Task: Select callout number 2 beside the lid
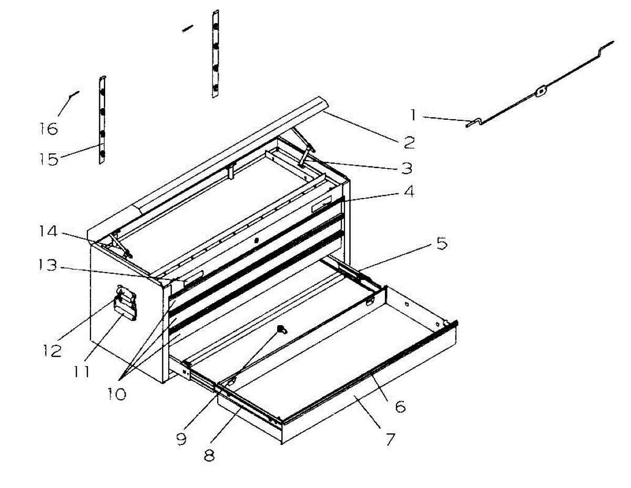coord(409,141)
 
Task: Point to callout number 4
coord(408,192)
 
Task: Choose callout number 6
coord(400,406)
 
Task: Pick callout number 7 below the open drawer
coord(389,439)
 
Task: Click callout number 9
coord(181,439)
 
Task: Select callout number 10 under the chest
coord(117,393)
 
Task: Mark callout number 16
coord(49,128)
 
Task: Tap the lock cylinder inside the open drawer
coord(283,329)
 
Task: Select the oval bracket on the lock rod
coord(540,92)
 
